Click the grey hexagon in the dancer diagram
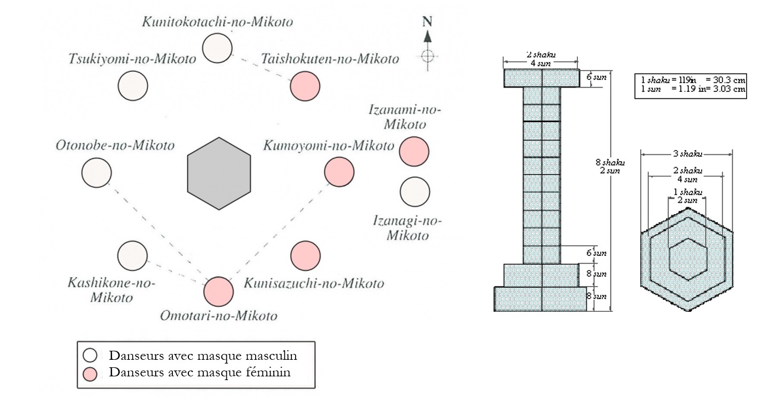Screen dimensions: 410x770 coord(219,173)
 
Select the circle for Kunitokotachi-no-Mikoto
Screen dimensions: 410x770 coord(218,48)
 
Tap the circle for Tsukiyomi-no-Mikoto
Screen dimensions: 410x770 coord(133,85)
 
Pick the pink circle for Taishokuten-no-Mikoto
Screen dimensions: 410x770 coord(305,85)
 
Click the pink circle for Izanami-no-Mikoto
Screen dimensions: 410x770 coord(414,151)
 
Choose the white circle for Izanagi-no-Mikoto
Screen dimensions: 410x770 coord(415,192)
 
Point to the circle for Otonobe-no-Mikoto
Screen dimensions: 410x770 coord(97,173)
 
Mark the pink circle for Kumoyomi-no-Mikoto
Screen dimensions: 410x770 coord(339,172)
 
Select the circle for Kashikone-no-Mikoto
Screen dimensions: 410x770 coord(132,256)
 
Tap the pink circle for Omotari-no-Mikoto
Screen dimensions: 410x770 coord(219,291)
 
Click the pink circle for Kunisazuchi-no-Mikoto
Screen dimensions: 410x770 coord(306,256)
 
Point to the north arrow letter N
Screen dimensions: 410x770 coord(427,22)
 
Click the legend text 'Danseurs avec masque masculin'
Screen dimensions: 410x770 coord(203,356)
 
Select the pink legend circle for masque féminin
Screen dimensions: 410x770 coord(91,374)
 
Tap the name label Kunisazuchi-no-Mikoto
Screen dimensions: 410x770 coord(314,283)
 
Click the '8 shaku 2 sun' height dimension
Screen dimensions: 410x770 coord(610,166)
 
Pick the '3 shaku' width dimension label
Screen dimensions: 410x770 coord(686,154)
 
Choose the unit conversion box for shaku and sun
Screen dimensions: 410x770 coord(693,85)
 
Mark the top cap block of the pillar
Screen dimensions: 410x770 coord(542,78)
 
